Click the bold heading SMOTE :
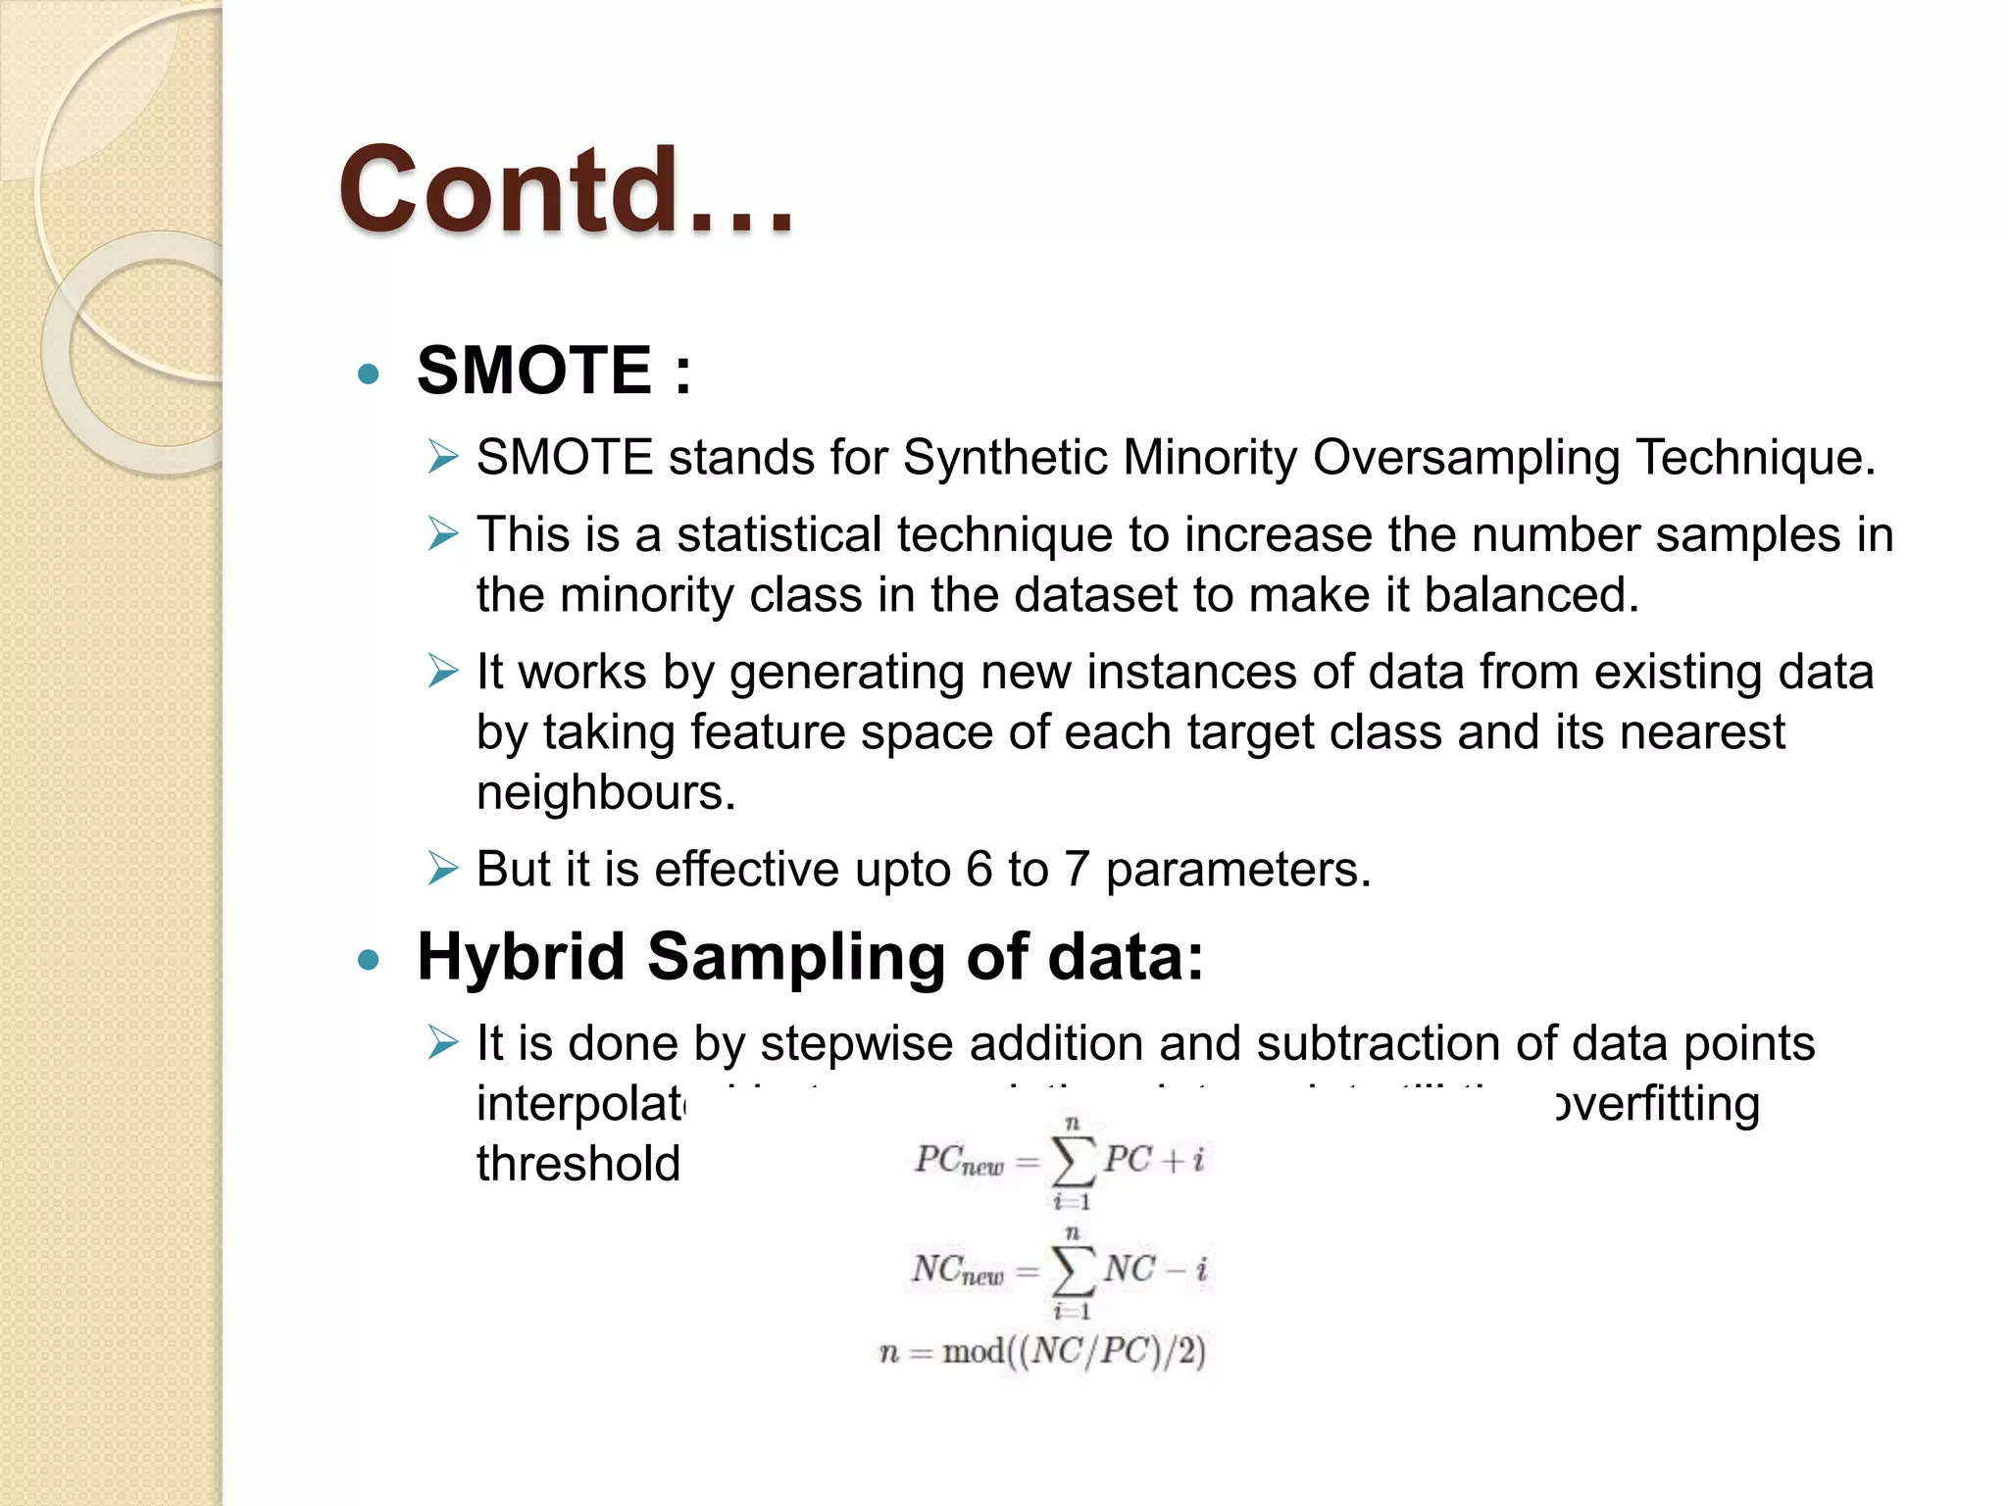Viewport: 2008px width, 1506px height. coord(554,371)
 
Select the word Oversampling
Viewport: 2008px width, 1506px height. coord(1466,458)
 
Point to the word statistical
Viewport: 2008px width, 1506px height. coord(778,535)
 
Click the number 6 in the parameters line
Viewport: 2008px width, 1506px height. coord(979,870)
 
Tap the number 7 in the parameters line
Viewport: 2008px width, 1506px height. coord(1077,870)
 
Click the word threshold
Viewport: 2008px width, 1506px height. coord(577,1164)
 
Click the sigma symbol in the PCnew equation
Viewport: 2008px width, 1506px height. coord(1072,1162)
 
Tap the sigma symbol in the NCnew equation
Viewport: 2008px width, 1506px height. coord(1072,1272)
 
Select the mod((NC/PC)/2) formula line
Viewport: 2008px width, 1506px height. coord(1042,1352)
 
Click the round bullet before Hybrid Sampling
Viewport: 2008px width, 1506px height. coord(369,960)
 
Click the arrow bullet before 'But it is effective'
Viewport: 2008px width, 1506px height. coord(442,869)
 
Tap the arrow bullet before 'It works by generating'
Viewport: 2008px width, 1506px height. coord(442,672)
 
